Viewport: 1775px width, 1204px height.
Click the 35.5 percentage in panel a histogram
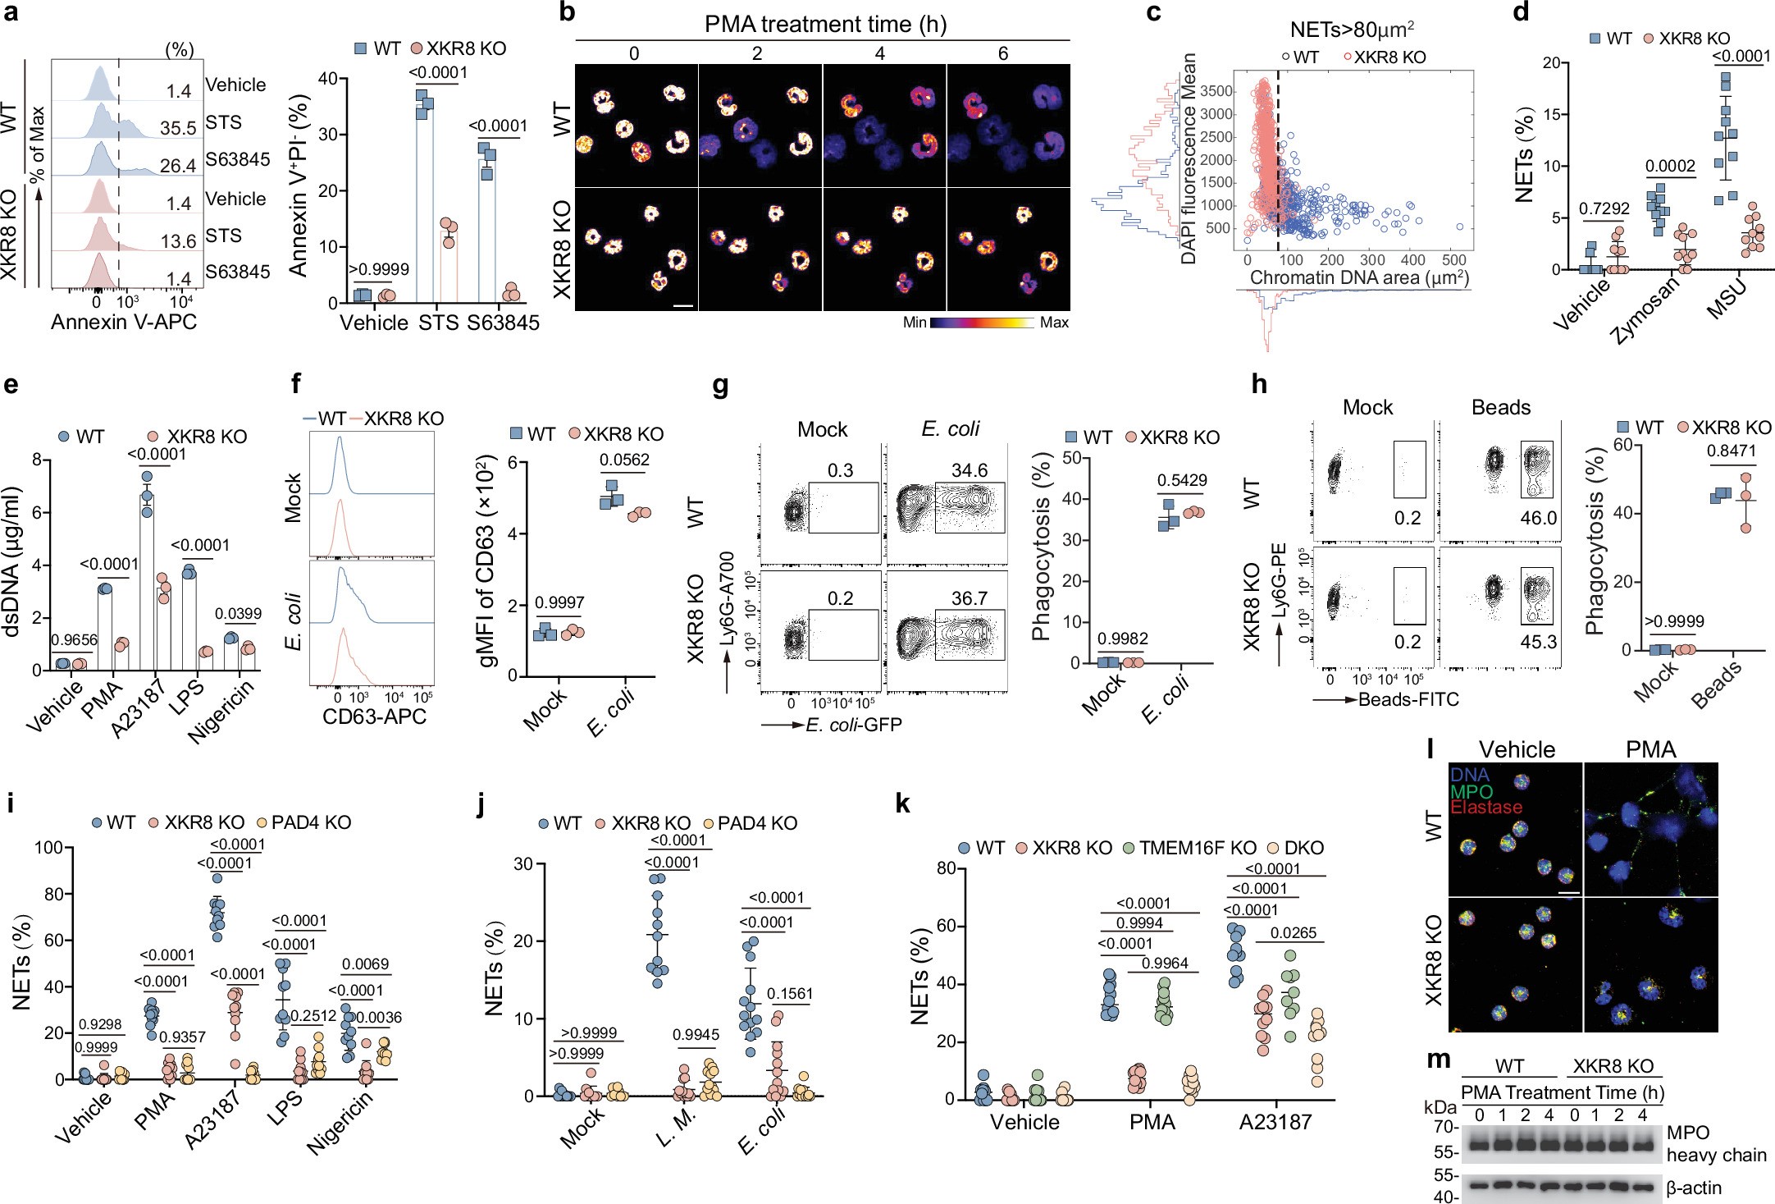(178, 128)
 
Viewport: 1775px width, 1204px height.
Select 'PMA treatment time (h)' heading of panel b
(825, 25)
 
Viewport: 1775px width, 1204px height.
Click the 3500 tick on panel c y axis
(1217, 91)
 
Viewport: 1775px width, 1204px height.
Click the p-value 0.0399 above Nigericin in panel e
(238, 614)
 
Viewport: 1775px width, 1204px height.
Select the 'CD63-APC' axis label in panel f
(374, 716)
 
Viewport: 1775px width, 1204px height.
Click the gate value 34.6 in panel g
(969, 471)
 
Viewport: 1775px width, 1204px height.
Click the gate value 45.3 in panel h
(1538, 642)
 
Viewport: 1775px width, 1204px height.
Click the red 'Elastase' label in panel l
(1485, 808)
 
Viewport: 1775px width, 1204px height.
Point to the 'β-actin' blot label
(1693, 1188)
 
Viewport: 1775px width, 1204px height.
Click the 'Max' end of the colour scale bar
(1053, 323)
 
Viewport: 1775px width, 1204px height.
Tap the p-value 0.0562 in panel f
(624, 460)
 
